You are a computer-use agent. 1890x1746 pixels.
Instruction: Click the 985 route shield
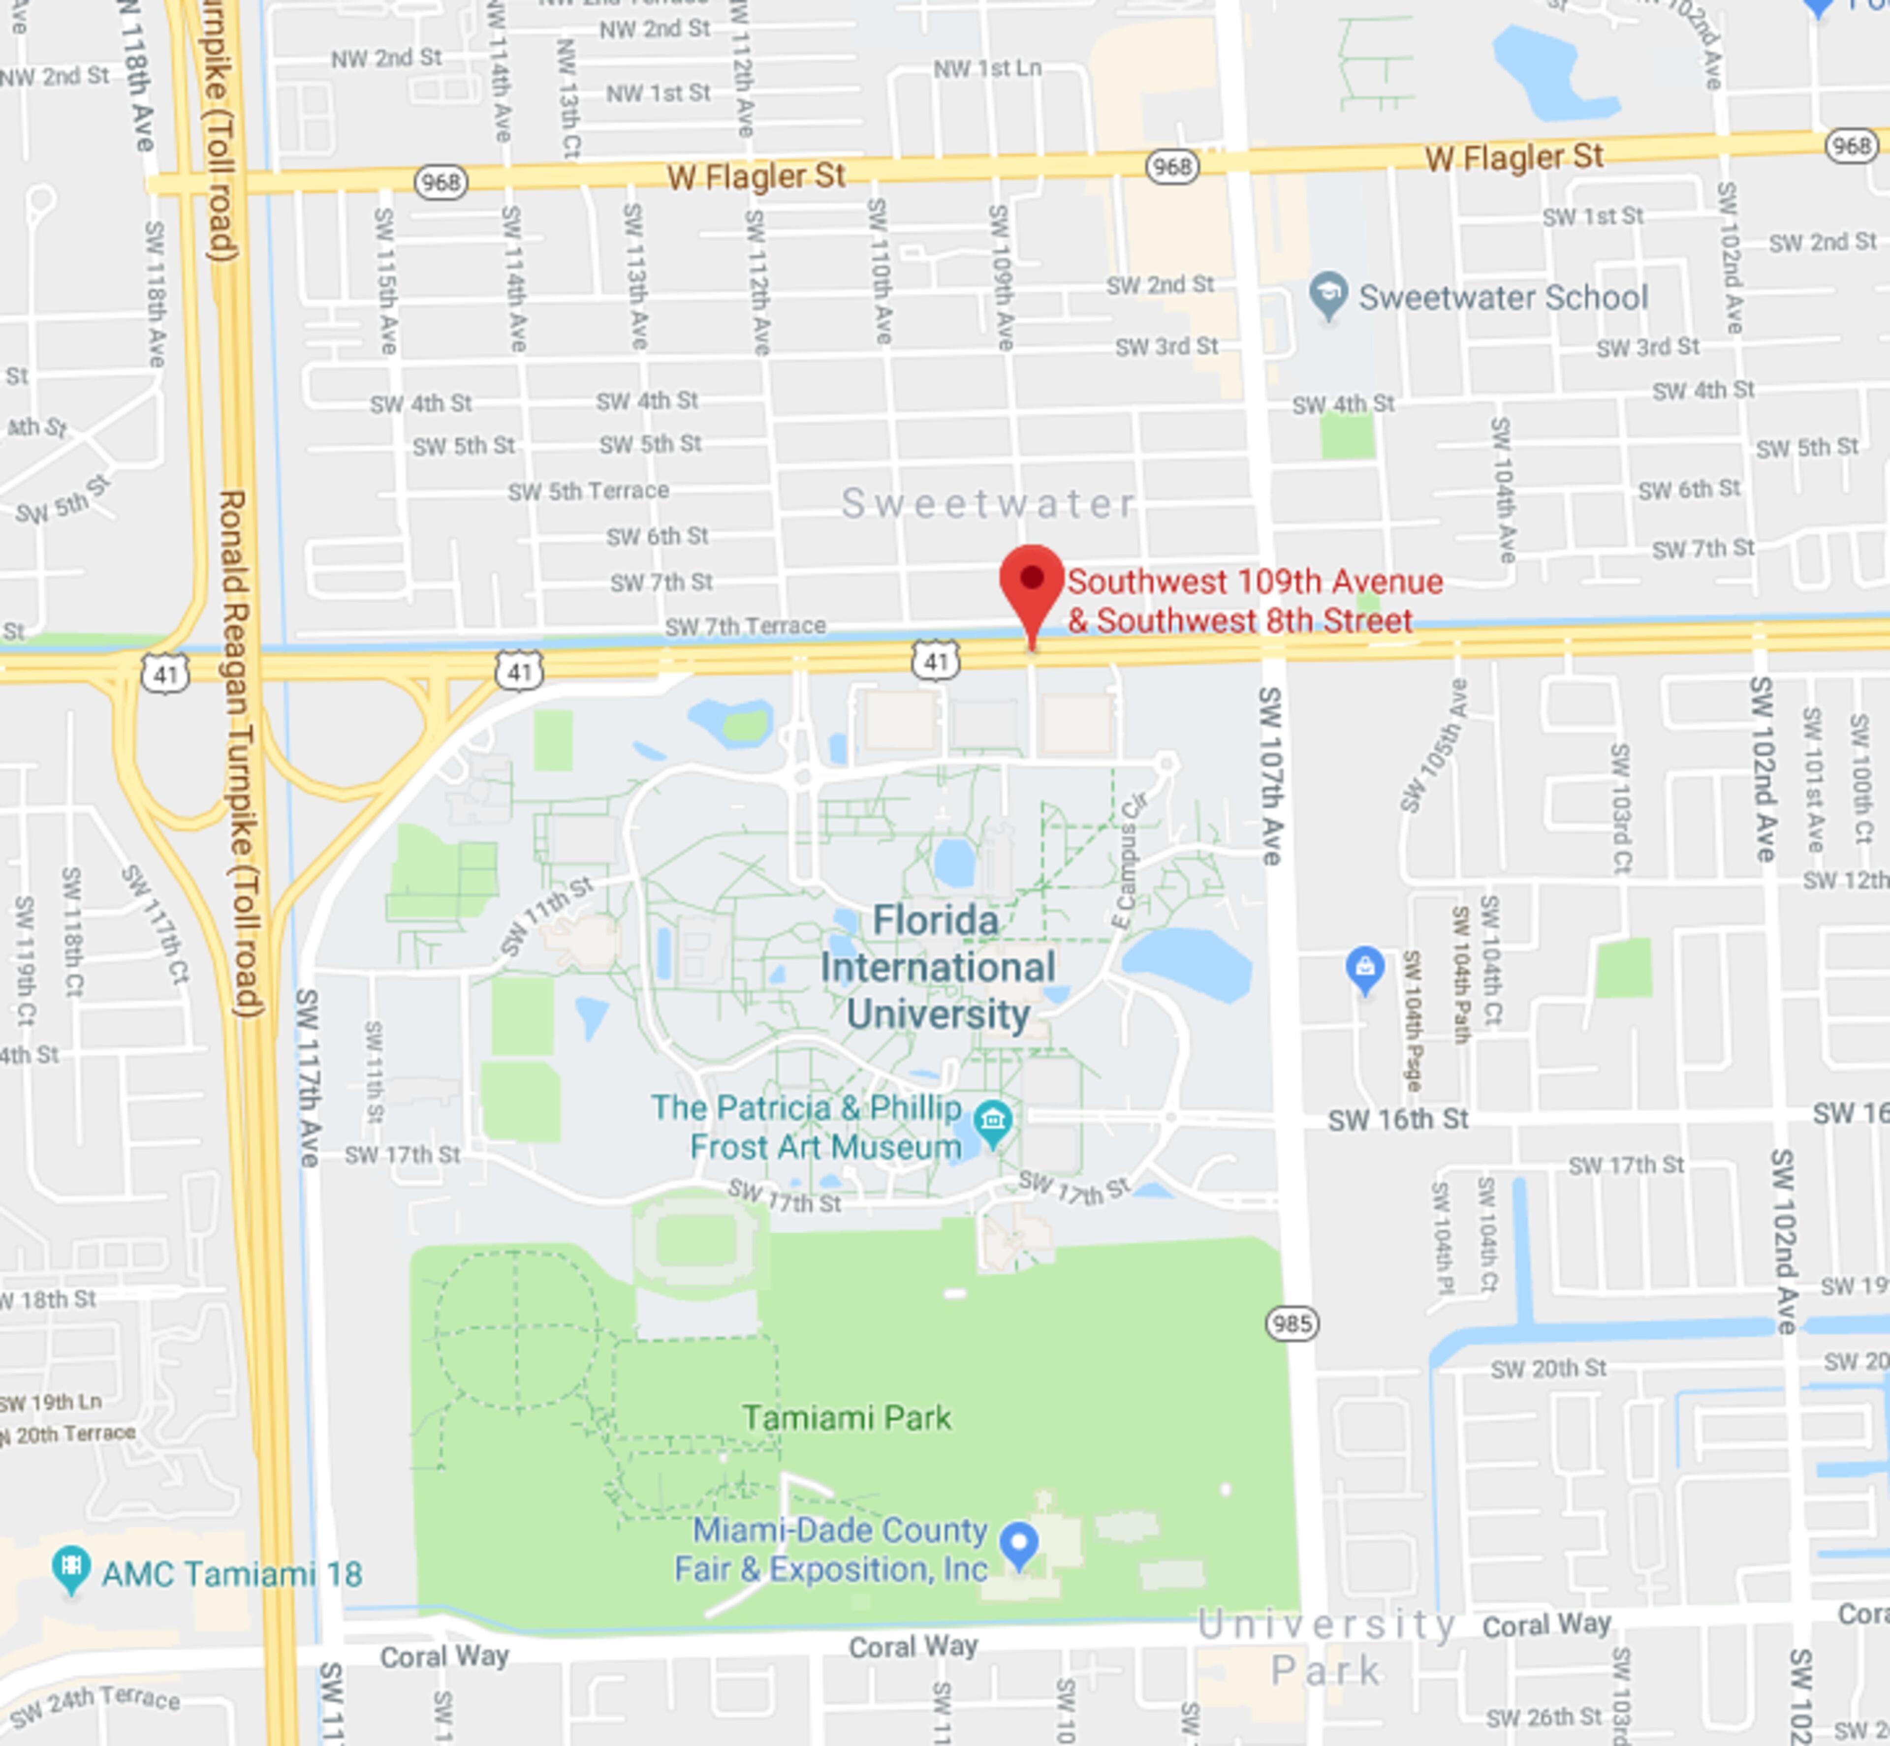(1292, 1324)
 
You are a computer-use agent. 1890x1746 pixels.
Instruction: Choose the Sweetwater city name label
(988, 504)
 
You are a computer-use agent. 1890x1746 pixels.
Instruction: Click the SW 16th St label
(1398, 1120)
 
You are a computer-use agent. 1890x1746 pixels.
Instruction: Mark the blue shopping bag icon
(1364, 968)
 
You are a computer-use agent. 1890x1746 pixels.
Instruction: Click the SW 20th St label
(1548, 1368)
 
